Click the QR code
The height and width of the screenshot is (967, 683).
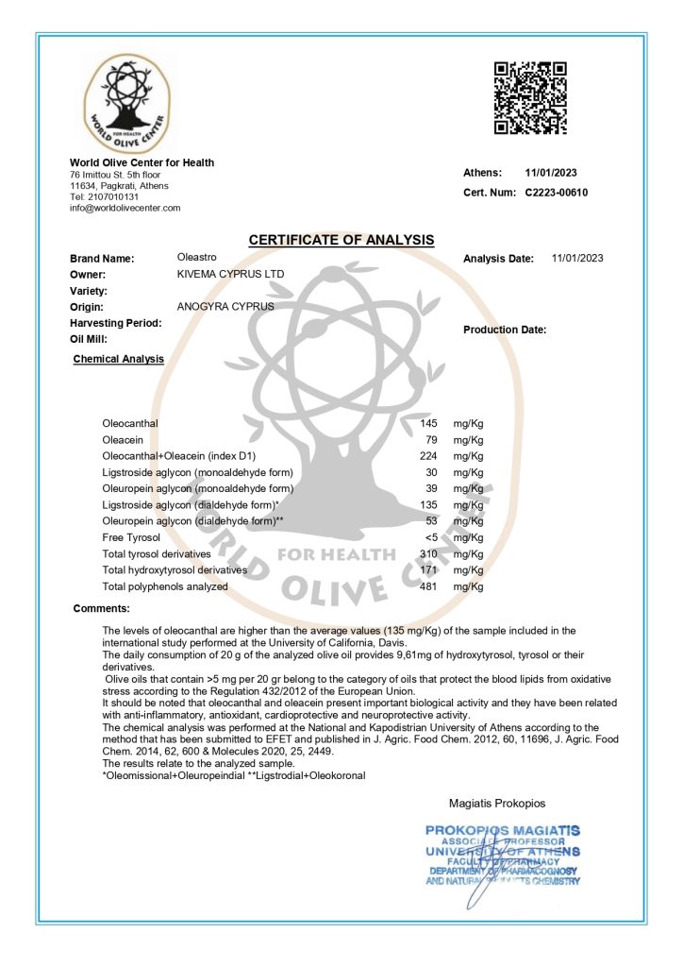click(x=530, y=97)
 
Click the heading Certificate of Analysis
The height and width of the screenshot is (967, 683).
click(x=341, y=240)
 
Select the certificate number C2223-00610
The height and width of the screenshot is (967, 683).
click(x=557, y=193)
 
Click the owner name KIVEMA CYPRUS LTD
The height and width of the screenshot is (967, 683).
click(x=230, y=274)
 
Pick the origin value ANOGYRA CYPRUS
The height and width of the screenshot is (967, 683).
click(x=225, y=306)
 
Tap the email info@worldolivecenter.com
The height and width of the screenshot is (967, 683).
click(x=125, y=208)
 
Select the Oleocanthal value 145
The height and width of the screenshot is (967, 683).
click(x=428, y=423)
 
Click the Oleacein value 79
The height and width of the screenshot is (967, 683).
click(x=431, y=439)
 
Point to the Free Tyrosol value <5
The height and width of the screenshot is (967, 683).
click(x=430, y=537)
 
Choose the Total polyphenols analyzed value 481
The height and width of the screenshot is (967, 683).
click(x=428, y=586)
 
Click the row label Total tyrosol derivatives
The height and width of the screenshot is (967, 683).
click(x=158, y=554)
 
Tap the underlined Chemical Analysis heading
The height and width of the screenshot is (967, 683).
click(x=118, y=359)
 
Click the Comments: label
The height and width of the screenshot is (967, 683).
click(x=101, y=608)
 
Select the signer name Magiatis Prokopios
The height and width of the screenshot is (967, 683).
click(x=497, y=804)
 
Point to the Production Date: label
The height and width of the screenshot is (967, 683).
click(x=505, y=330)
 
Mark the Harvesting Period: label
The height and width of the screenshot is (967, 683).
click(x=116, y=322)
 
